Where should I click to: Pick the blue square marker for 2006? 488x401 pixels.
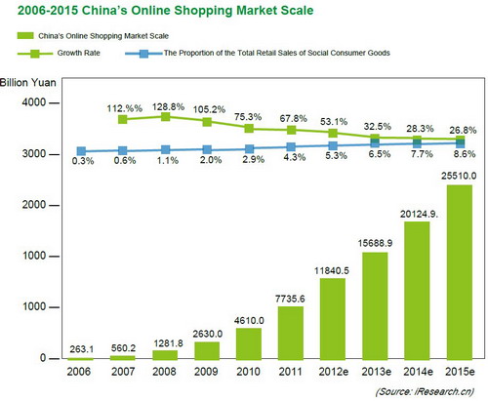click(80, 151)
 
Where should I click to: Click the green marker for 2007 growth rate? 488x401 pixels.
click(123, 119)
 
